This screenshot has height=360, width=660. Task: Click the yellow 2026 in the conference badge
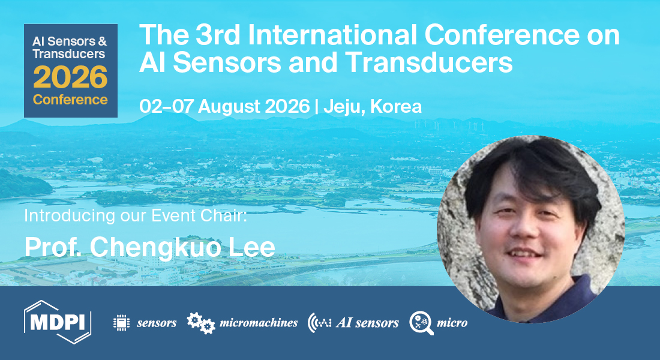point(70,77)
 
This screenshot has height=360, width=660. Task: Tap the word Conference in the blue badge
point(70,99)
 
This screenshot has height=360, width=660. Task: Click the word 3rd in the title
point(216,36)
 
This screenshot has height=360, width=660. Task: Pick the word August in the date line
point(233,106)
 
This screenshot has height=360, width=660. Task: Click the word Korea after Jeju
point(396,106)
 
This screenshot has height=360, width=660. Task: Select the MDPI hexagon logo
point(58,322)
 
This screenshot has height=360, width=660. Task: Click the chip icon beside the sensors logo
point(122,322)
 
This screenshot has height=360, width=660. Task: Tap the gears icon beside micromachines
point(201,322)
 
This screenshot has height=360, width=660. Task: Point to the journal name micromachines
point(259,323)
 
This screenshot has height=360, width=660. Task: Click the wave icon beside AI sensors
point(320,323)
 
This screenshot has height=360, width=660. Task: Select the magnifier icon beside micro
point(421,323)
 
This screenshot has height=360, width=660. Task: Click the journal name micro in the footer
point(452,323)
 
